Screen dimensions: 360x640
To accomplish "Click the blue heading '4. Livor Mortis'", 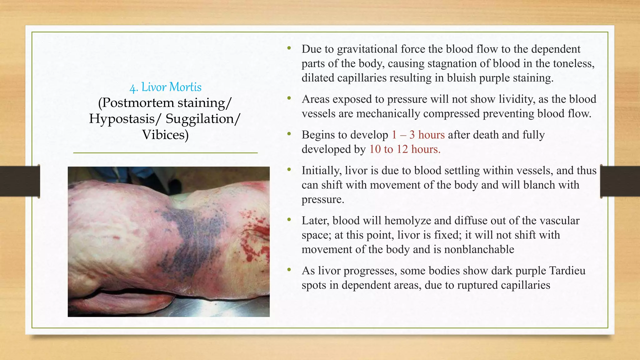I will tap(165, 87).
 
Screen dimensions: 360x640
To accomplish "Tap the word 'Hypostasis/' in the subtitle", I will tap(122, 119).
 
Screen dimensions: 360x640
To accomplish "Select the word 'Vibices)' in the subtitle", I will tap(165, 135).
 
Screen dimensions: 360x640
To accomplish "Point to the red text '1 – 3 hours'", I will tap(418, 135).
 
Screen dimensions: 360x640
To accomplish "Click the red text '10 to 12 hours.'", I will tap(405, 149).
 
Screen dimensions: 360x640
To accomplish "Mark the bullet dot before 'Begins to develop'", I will tap(289, 134).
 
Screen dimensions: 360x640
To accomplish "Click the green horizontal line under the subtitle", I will tap(165, 153).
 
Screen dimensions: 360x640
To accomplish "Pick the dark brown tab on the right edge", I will tap(620, 181).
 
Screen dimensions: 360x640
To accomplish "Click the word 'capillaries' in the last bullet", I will tap(525, 285).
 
